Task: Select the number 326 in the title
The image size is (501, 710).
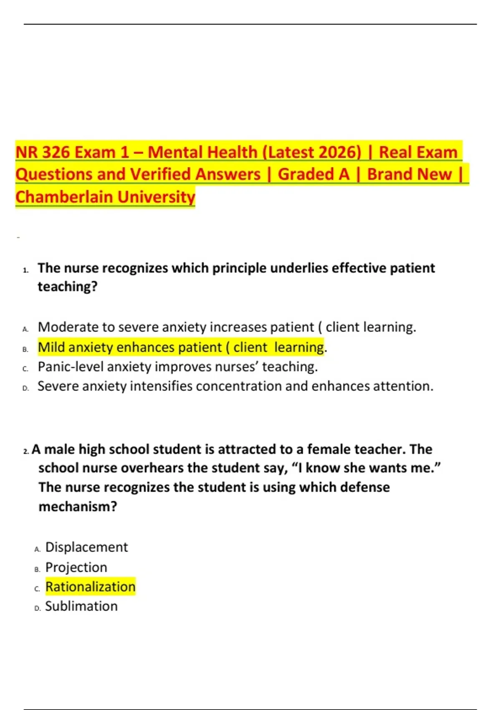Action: tap(56, 152)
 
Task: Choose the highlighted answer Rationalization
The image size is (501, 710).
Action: tap(90, 587)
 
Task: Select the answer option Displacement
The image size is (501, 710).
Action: tap(86, 547)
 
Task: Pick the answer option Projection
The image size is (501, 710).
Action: tap(76, 567)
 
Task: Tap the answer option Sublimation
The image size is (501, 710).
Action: tap(81, 606)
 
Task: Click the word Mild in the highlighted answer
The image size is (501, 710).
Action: tap(51, 347)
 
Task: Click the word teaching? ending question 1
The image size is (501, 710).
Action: tap(67, 287)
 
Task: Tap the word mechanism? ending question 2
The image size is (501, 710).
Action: tap(78, 507)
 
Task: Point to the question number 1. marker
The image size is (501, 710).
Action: tap(26, 270)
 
